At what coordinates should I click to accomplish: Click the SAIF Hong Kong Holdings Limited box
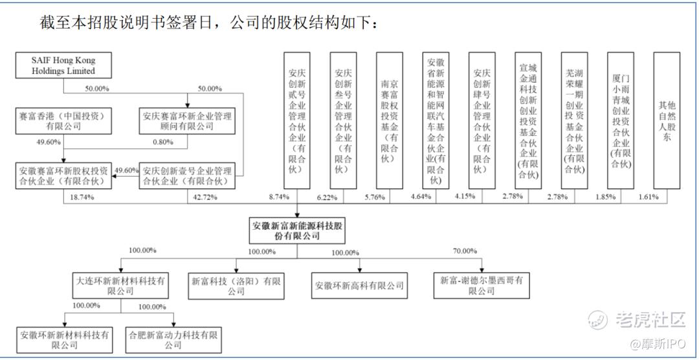click(63, 65)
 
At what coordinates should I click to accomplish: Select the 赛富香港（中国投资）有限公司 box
click(63, 121)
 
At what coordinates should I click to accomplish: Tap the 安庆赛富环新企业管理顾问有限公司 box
click(187, 121)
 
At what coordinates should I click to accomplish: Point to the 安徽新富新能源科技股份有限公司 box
click(298, 231)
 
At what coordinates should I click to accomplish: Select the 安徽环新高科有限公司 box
click(360, 286)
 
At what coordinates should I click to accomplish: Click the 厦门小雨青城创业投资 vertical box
click(621, 120)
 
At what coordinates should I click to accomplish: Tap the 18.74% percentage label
click(82, 197)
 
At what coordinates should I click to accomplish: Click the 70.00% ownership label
click(465, 251)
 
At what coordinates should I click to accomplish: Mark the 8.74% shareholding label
click(278, 197)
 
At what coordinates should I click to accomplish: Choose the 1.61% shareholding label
click(649, 197)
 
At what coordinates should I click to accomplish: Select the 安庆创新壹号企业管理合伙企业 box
click(187, 176)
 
